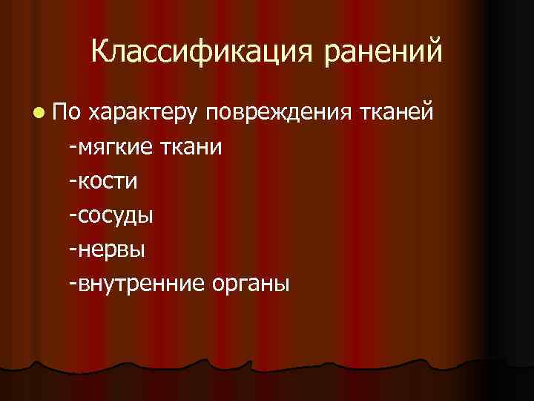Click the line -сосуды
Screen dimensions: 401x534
(110, 215)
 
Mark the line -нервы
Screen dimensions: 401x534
(105, 248)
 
